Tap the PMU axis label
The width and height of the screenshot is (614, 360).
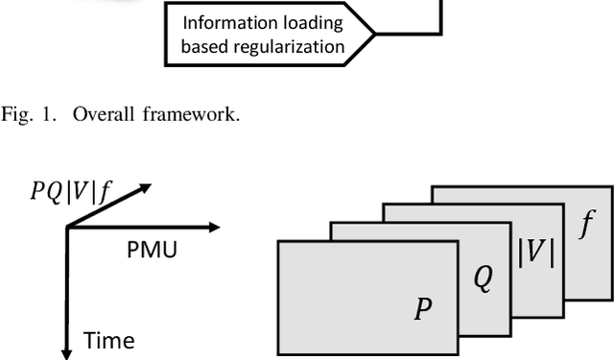[x=151, y=249]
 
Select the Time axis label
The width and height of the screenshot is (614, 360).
[x=108, y=340]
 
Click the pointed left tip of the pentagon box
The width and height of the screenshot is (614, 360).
[x=373, y=33]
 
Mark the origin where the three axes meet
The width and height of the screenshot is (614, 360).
[x=66, y=228]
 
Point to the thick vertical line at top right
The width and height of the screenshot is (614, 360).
[x=441, y=16]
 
